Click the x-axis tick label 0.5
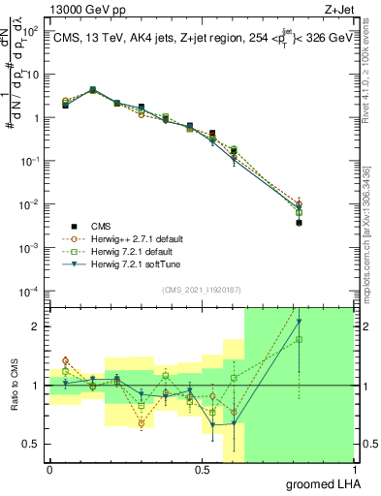(x=202, y=470)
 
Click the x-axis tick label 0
(x=49, y=470)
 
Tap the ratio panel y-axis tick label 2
(x=37, y=326)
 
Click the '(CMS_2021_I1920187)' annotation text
(x=201, y=291)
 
